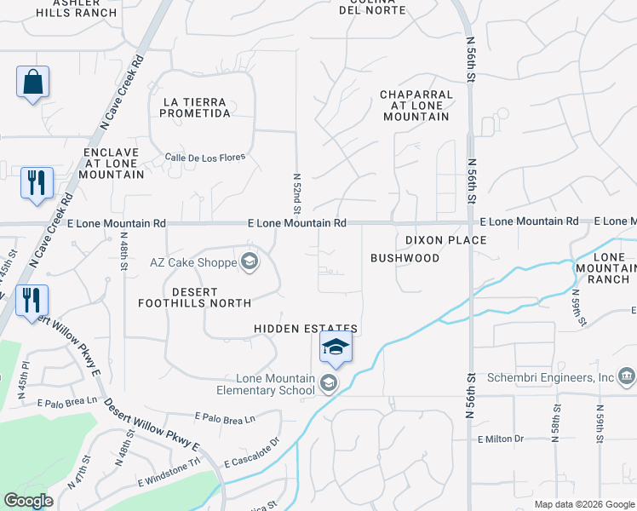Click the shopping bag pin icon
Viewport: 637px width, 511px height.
coord(32,83)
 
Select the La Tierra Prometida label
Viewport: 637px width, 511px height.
coord(197,107)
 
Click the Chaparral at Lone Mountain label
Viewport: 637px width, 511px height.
coord(415,105)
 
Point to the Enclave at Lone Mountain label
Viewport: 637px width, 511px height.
coord(111,163)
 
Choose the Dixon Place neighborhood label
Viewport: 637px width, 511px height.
coord(445,240)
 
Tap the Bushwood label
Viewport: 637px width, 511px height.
coord(405,257)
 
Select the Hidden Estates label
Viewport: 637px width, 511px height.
coord(306,329)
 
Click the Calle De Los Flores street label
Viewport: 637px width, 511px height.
coord(205,158)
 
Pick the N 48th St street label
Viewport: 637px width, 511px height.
coord(123,251)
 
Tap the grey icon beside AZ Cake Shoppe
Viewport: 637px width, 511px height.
coord(250,261)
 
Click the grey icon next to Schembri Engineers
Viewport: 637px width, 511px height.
coord(627,376)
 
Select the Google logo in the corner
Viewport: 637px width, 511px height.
coord(28,501)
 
